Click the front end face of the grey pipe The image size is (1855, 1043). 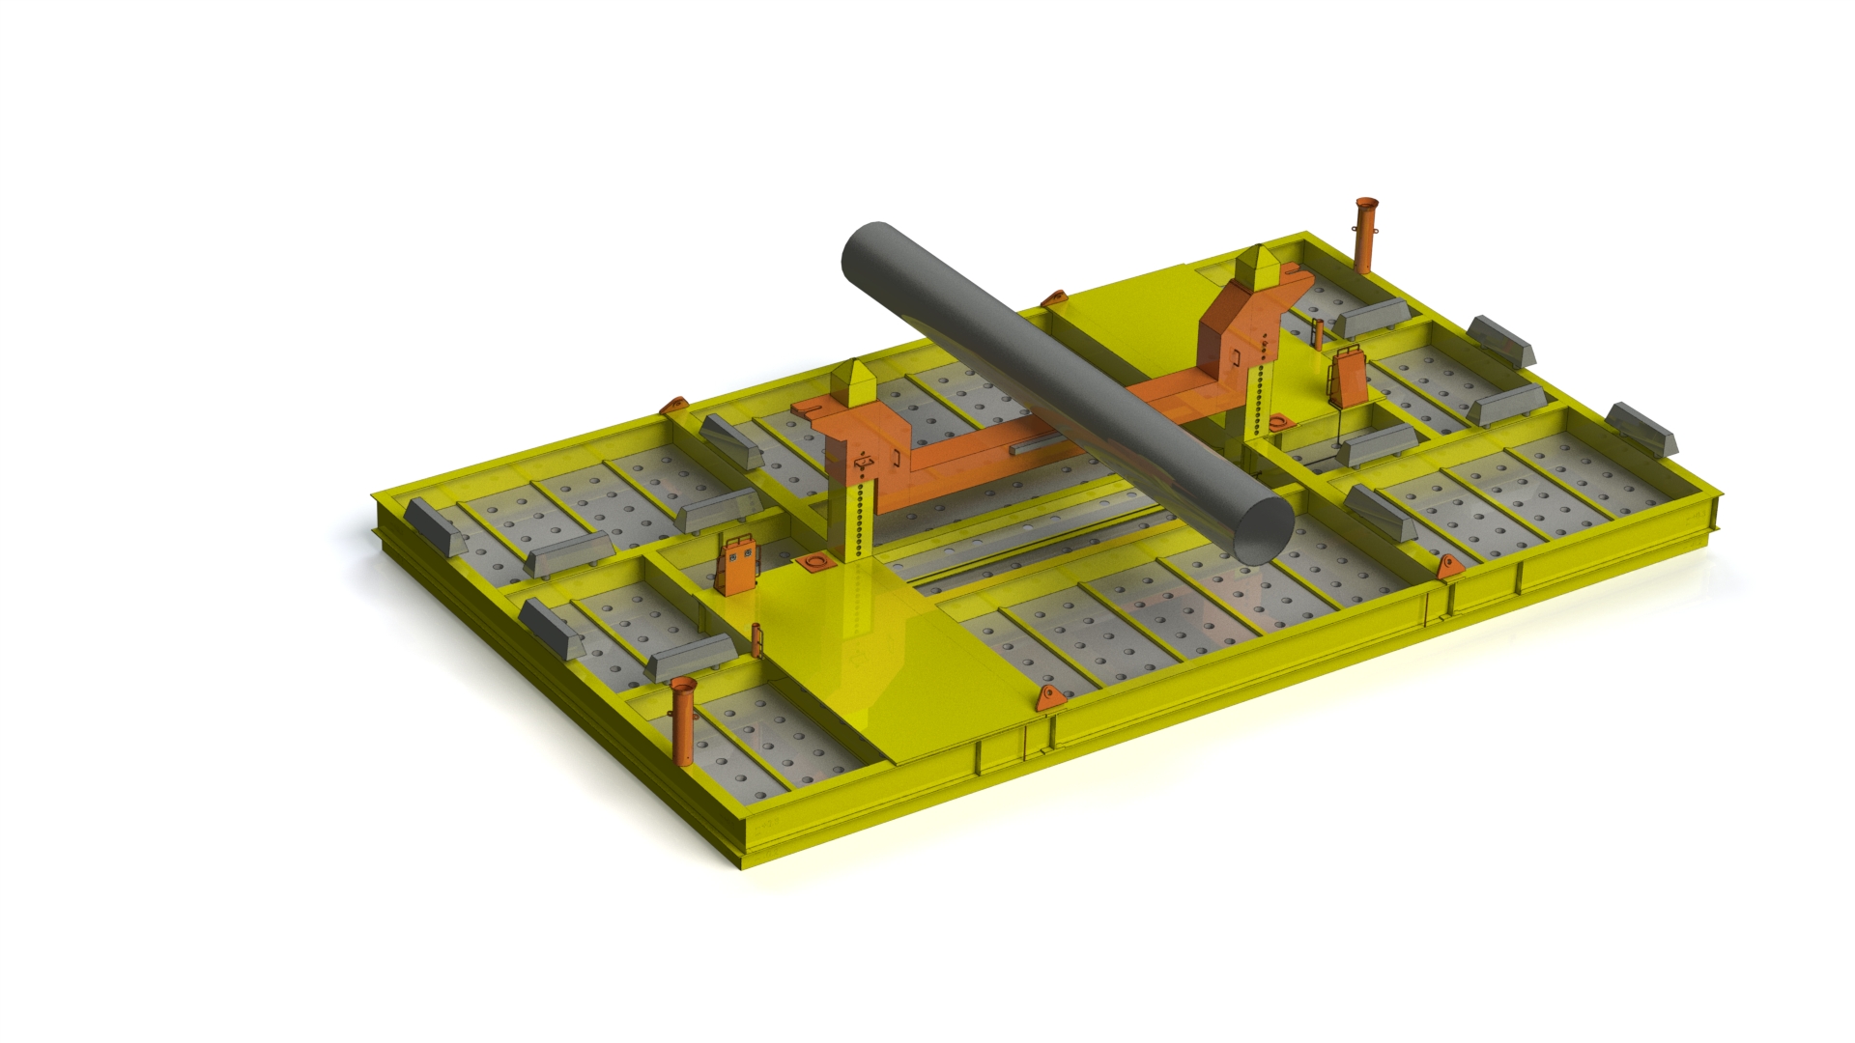point(1263,529)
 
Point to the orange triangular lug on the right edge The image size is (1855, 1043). point(1447,568)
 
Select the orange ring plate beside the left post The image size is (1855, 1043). point(815,562)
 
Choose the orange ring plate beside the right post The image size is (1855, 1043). point(1280,422)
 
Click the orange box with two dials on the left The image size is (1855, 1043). point(739,565)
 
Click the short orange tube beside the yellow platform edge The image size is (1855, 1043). point(756,639)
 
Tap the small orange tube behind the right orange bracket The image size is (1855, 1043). point(1316,332)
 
